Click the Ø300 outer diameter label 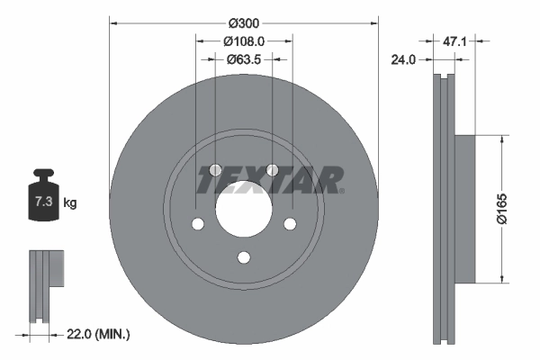click(x=243, y=21)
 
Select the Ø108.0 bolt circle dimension click(x=243, y=40)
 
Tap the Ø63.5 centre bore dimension click(x=243, y=59)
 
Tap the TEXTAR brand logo click(x=270, y=180)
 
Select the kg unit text click(x=70, y=203)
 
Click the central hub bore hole click(x=243, y=211)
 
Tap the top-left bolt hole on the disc click(x=215, y=170)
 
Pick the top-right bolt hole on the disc click(x=272, y=170)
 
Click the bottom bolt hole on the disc click(x=243, y=258)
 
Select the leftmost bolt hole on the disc click(x=197, y=225)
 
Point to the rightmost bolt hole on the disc click(x=290, y=225)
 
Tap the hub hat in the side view click(x=463, y=210)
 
